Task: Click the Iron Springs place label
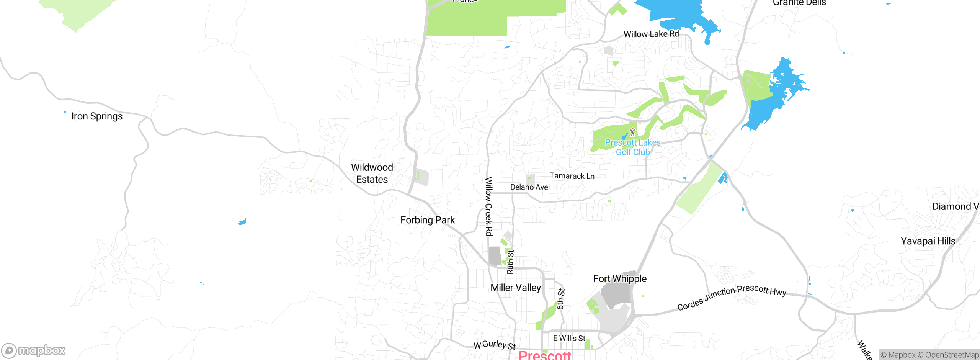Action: pos(97,116)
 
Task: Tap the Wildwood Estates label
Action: pos(372,173)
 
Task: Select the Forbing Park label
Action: pos(428,220)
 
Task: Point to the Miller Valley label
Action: pos(516,288)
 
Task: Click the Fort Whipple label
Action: pos(620,279)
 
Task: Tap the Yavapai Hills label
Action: pos(928,241)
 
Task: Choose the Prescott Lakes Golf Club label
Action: pos(633,147)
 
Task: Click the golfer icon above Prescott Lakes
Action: pos(632,133)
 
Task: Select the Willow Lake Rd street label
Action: pos(651,34)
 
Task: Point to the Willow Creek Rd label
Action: pos(489,206)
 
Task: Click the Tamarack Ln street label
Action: pos(572,176)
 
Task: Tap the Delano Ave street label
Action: pos(529,187)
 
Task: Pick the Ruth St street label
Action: pos(510,262)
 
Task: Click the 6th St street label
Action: pos(561,299)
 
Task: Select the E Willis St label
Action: pos(569,339)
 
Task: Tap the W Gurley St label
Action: pos(495,345)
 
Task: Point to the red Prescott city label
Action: pos(545,355)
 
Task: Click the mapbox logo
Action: pos(33,350)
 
